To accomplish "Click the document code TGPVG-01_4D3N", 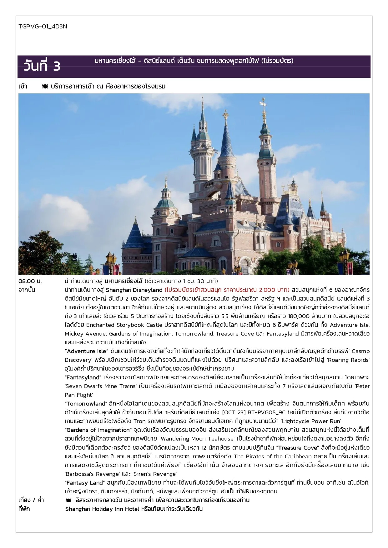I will coord(43,27).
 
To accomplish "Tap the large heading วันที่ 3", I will coord(42,66).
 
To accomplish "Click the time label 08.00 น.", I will coord(30,281).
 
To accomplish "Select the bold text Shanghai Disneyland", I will coord(134,290).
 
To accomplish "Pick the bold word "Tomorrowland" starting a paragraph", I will coord(86,403).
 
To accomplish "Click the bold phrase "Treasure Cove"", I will coord(297,447).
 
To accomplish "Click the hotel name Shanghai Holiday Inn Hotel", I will coord(102,509).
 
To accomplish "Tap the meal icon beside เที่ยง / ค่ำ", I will coord(68,500).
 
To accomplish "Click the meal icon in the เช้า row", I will coord(45,87).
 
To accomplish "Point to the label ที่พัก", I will coord(24,509).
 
